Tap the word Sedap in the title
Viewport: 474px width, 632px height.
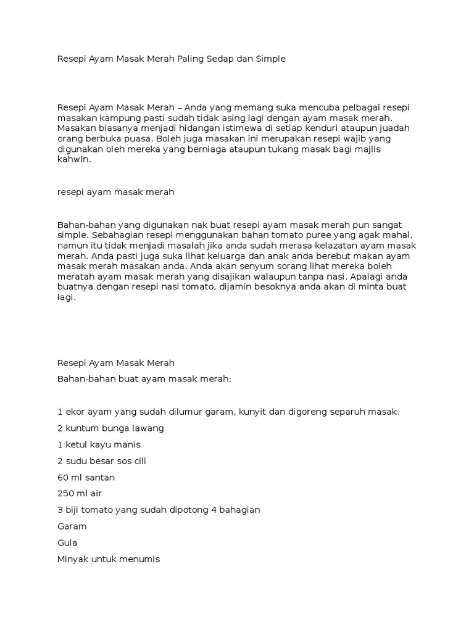pyautogui.click(x=225, y=59)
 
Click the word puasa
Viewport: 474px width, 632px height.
pyautogui.click(x=136, y=139)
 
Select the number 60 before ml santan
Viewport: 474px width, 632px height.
pyautogui.click(x=62, y=477)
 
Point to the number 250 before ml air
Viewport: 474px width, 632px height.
pyautogui.click(x=65, y=493)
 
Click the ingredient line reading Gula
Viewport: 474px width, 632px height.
pyautogui.click(x=67, y=543)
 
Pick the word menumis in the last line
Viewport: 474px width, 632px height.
pyautogui.click(x=138, y=559)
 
